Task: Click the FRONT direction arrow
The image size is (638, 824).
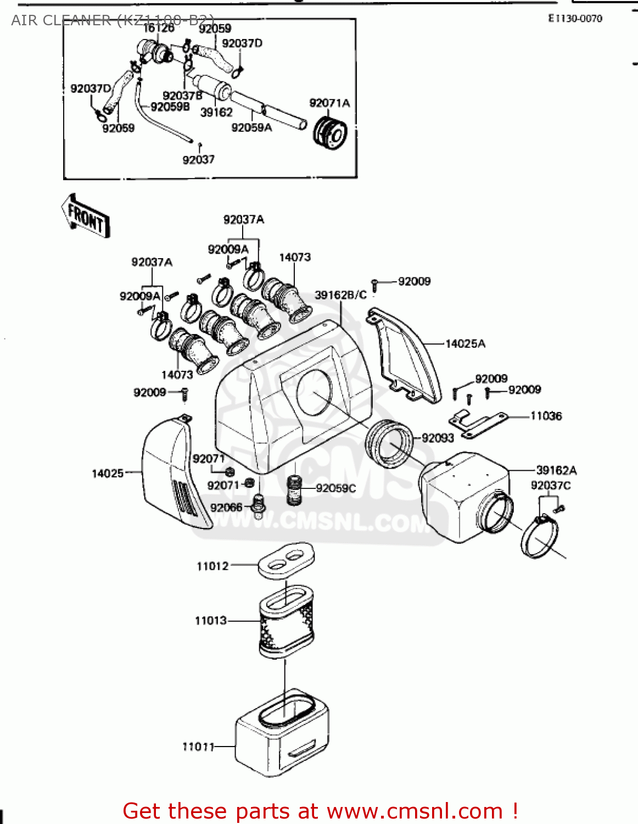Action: (86, 215)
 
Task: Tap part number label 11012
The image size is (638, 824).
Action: (212, 566)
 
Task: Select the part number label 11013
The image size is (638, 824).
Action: (211, 621)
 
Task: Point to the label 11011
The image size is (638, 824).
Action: (198, 747)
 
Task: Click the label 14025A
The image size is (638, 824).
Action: (465, 344)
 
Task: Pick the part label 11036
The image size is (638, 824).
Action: (546, 416)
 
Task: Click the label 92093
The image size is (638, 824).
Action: (438, 438)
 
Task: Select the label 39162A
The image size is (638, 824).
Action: (556, 470)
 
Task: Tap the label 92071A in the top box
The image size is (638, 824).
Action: (329, 103)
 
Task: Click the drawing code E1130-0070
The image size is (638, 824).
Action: (575, 19)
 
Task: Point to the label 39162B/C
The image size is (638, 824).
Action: (340, 295)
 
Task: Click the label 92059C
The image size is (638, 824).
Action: (336, 488)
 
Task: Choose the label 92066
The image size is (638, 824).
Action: (226, 508)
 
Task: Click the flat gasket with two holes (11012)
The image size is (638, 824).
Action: (286, 560)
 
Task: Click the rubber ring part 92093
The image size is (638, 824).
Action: (389, 443)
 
